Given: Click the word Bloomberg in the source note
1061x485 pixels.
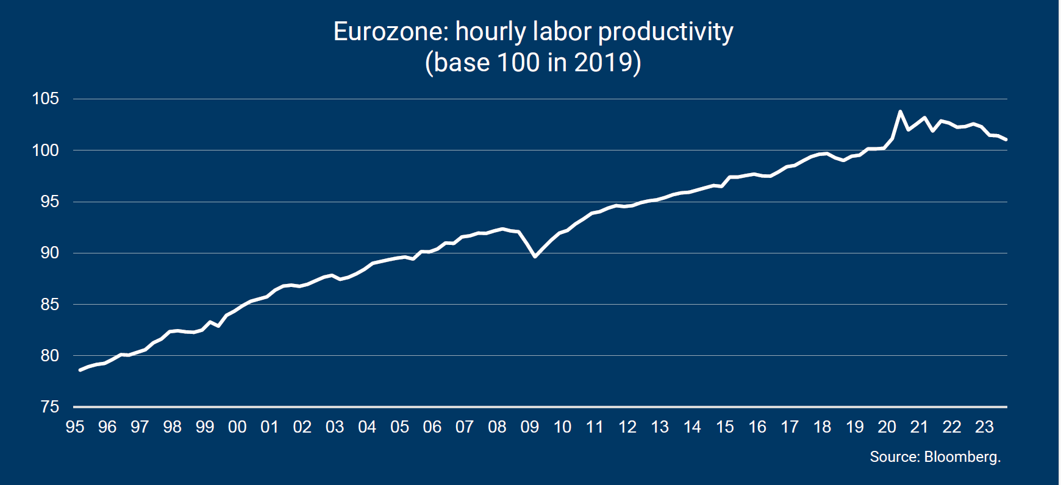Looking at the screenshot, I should coord(962,457).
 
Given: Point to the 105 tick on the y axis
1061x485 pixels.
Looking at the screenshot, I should coord(46,99).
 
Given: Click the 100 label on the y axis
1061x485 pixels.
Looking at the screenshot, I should coord(46,150).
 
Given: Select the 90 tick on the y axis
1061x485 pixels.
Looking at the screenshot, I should coord(50,253).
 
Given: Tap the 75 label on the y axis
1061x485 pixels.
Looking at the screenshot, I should coord(50,407).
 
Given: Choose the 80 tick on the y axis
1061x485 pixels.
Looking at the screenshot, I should coord(50,356).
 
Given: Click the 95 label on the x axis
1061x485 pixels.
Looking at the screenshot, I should coord(75,427).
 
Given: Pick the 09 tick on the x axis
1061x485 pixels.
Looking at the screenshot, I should coord(529,427).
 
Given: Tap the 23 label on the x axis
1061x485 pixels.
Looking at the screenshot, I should coord(984,427).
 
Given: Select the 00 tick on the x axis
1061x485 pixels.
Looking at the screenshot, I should coord(237,427).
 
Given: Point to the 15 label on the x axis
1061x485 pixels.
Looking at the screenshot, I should coord(724,427).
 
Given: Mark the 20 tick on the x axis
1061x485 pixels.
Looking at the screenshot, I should coord(887,427).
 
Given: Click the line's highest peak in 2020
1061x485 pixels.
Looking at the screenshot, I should coord(900,112).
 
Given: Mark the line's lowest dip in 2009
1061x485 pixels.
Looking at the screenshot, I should coord(535,257).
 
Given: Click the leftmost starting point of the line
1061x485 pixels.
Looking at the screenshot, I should coord(80,370).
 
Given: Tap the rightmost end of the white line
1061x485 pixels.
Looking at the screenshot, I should coord(1006,140).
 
